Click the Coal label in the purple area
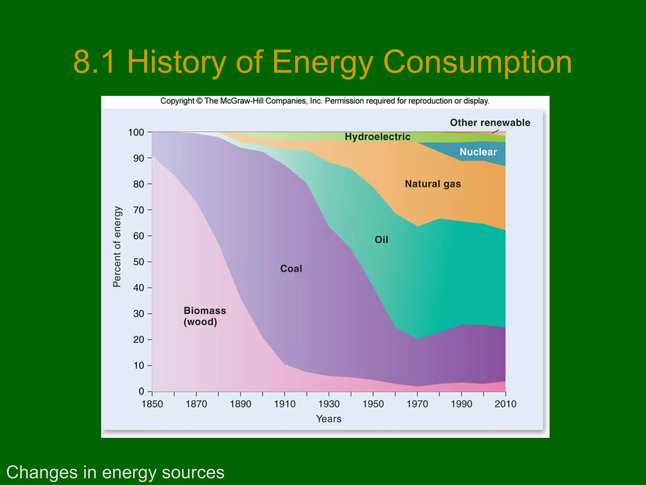click(x=291, y=269)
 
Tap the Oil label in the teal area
click(x=381, y=240)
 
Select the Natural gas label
click(x=433, y=184)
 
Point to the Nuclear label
click(x=478, y=152)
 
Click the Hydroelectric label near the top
click(x=378, y=137)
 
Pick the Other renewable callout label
click(x=490, y=123)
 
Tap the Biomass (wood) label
click(x=204, y=316)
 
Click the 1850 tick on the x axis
click(x=152, y=404)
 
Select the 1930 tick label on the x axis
click(x=329, y=404)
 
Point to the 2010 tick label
click(x=505, y=404)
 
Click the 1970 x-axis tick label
click(x=417, y=404)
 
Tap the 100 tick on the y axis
click(x=136, y=132)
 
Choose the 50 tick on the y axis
click(x=138, y=262)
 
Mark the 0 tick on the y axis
click(x=141, y=392)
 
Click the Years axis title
click(x=329, y=419)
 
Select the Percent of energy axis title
click(x=117, y=247)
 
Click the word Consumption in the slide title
click(x=477, y=62)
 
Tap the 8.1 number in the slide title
click(x=94, y=62)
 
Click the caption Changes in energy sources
click(x=115, y=472)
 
